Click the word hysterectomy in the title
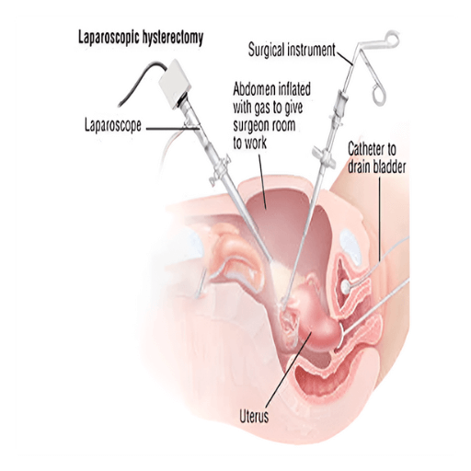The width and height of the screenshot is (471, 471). tap(173, 39)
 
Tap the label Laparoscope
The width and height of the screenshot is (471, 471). tap(113, 125)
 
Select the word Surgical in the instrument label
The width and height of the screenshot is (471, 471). tap(269, 50)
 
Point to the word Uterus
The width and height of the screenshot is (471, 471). tap(254, 417)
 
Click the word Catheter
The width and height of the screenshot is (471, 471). tap(367, 149)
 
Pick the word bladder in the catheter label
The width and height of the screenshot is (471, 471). tap(390, 167)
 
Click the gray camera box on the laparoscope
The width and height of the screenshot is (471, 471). tap(175, 83)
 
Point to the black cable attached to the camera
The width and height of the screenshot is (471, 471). tap(140, 80)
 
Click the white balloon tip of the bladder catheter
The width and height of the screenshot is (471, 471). tap(346, 287)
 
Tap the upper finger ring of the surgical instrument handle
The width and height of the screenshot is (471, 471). tap(392, 38)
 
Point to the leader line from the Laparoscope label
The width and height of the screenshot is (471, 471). tap(173, 129)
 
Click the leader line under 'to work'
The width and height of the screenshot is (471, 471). tap(262, 181)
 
